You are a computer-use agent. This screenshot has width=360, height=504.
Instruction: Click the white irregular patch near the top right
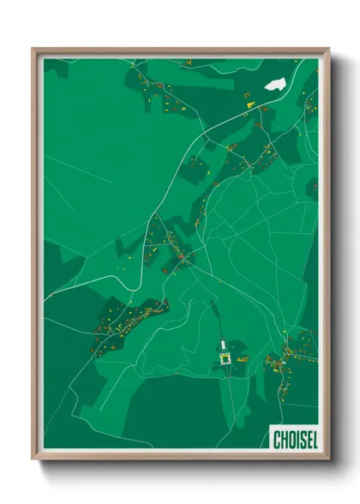(x=275, y=84)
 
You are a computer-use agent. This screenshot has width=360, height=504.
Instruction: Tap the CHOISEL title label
(x=294, y=440)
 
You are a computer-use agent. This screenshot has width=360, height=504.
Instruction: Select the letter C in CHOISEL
(x=276, y=440)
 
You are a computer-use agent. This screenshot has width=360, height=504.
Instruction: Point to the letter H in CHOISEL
(x=283, y=440)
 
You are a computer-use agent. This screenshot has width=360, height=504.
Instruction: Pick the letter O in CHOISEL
(x=290, y=440)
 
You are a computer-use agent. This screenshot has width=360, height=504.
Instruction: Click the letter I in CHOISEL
(x=296, y=440)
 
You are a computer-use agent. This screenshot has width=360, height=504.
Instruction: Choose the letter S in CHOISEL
(x=301, y=440)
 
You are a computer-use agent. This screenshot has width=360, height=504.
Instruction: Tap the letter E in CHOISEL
(x=307, y=440)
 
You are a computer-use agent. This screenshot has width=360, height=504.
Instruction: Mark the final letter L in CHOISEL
(x=313, y=440)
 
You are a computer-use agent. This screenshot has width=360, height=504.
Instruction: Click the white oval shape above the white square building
(x=225, y=343)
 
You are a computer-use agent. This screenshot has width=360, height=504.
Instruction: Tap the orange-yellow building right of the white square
(x=241, y=354)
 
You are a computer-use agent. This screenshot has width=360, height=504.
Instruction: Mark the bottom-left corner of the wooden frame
(x=33, y=459)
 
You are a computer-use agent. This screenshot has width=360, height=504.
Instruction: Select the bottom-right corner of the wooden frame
(x=328, y=459)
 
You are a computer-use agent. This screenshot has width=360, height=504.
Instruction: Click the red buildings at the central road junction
(x=182, y=256)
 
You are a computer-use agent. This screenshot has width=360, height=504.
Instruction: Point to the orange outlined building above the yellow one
(x=246, y=93)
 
